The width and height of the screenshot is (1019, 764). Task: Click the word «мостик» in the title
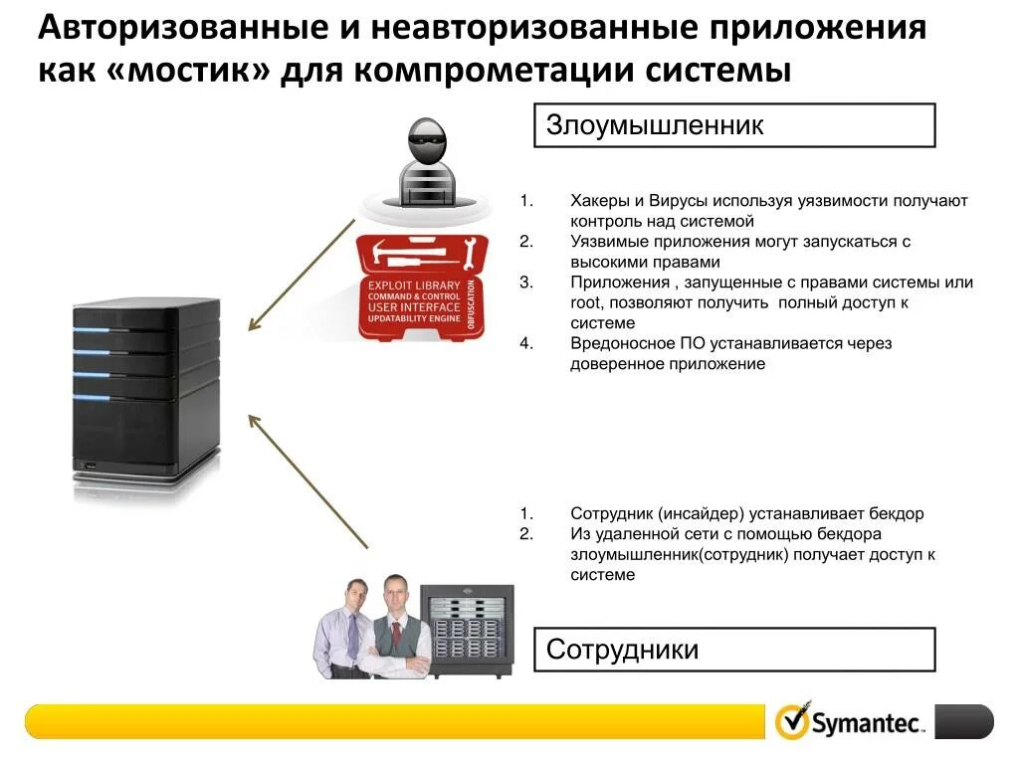[x=188, y=71]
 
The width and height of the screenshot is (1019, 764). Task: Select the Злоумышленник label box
[x=734, y=125]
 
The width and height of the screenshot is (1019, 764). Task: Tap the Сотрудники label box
[x=734, y=650]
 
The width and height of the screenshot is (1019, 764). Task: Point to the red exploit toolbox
[x=423, y=288]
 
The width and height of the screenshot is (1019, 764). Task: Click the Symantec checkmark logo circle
[x=792, y=721]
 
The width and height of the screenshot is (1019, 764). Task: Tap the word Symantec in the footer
[x=867, y=723]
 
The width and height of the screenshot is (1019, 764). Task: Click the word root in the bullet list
[x=585, y=302]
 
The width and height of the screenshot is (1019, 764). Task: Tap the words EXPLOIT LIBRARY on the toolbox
[x=415, y=286]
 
